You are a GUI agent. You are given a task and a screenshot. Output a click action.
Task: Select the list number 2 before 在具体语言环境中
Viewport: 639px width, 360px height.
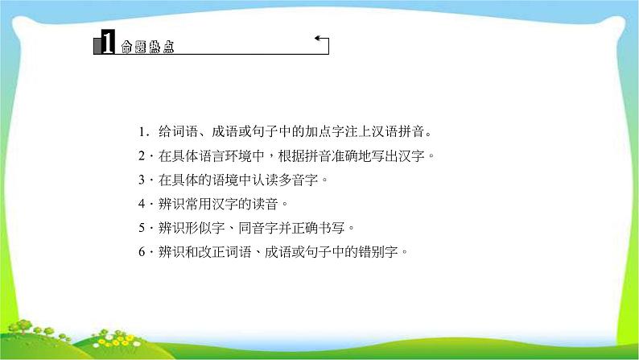pyautogui.click(x=140, y=155)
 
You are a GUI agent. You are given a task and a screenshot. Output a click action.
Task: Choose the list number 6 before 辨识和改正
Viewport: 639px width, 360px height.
pyautogui.click(x=140, y=251)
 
